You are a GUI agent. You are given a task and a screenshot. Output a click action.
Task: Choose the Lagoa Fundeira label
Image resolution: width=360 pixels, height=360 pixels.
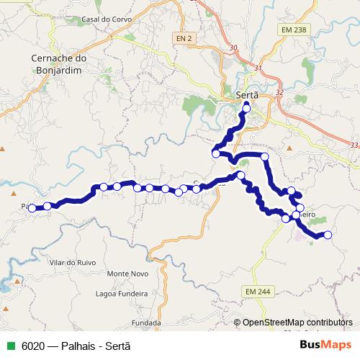[126, 294]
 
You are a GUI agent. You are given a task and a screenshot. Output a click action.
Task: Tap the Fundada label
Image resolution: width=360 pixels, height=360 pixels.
[146, 323]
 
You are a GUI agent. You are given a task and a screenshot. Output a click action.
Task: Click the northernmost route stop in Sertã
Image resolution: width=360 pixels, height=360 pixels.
[246, 109]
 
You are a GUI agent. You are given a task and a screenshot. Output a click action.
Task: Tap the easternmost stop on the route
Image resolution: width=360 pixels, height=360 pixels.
[328, 235]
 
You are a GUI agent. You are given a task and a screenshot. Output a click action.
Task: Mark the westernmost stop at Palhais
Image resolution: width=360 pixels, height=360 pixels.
[32, 208]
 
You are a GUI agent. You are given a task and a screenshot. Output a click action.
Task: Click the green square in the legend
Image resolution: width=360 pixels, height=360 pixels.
[9, 345]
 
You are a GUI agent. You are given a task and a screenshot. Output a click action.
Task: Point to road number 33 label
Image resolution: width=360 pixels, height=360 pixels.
[353, 145]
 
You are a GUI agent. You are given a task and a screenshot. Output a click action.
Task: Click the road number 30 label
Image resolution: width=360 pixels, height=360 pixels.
[232, 48]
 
